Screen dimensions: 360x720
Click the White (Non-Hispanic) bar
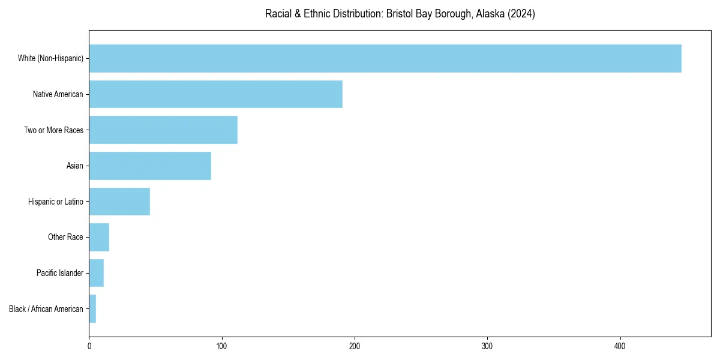tap(385, 58)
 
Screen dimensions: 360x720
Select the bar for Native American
tap(216, 94)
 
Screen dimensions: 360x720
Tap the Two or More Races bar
tap(163, 130)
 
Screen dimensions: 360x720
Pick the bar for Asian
tap(150, 166)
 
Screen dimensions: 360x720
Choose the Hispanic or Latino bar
tap(119, 202)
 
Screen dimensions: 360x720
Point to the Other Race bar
tap(99, 237)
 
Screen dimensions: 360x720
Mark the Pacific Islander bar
tap(97, 273)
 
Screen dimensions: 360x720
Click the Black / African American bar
tap(92, 309)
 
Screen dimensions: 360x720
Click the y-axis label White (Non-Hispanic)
tap(50, 58)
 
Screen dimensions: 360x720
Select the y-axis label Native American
tap(58, 94)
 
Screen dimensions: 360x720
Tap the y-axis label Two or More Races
tap(53, 130)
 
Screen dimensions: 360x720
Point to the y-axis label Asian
tap(75, 166)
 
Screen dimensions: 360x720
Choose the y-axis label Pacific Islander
tap(60, 273)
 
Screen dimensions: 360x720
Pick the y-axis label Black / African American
tap(46, 309)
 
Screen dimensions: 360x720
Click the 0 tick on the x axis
tap(89, 346)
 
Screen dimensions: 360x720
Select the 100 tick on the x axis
tap(222, 346)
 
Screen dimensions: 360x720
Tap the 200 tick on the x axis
tap(355, 346)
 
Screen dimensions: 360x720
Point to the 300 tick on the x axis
tap(487, 346)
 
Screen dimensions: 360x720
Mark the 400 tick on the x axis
tap(620, 346)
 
